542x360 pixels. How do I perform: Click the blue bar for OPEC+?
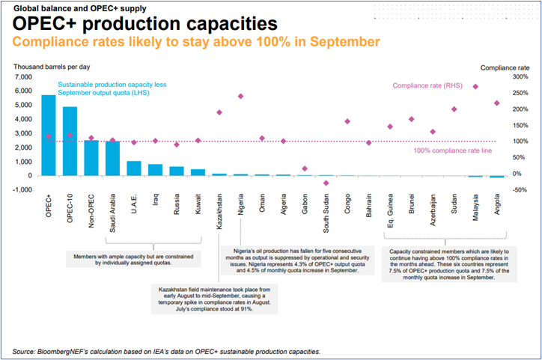48,135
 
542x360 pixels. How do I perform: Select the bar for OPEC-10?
70,141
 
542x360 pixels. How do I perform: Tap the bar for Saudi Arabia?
112,159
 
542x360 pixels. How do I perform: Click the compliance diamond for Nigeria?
241,97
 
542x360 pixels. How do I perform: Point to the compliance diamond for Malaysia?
475,87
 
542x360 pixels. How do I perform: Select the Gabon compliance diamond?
305,168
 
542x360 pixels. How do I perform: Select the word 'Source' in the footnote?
25,351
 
